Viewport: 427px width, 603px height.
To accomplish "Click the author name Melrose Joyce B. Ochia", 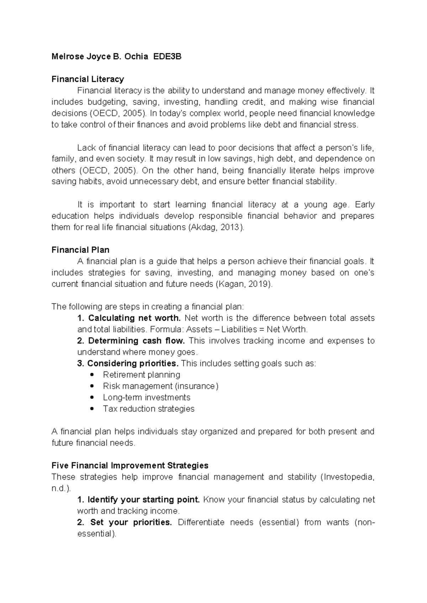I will click(100, 57).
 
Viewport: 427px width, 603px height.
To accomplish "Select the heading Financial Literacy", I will click(88, 79).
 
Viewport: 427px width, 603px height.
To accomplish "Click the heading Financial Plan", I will click(80, 250).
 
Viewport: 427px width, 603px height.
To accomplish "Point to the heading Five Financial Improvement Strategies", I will click(130, 465).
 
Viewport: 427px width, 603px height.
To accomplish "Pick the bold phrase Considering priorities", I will click(132, 363).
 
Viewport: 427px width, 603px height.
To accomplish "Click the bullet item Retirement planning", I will click(142, 375).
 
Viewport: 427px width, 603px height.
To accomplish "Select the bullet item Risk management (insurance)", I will click(160, 386).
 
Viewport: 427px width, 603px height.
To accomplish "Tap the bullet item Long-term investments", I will click(147, 397).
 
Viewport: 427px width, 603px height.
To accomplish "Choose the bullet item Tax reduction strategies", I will click(149, 409).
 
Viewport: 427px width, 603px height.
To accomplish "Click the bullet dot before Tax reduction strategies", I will click(92, 409).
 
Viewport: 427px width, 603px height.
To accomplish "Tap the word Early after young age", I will click(365, 204).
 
